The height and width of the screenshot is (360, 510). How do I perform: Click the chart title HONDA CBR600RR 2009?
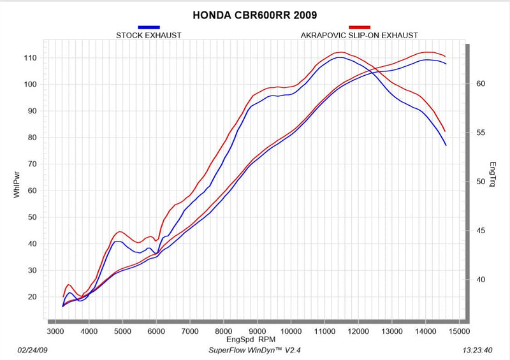254,15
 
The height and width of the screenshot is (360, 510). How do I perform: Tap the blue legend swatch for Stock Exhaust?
149,27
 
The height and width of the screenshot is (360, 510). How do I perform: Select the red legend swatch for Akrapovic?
360,27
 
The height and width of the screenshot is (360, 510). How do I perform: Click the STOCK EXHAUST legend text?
149,36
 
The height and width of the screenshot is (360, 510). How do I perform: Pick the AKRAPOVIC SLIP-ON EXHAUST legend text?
359,36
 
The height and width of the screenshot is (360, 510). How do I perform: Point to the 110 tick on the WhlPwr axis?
30,58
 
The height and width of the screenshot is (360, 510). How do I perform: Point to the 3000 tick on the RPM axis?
55,331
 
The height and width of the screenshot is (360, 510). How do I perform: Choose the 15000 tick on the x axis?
459,331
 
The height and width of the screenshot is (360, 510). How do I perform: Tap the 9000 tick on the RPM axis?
257,331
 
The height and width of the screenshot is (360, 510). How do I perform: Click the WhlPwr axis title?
17,185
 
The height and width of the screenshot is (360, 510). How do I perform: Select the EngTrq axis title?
493,174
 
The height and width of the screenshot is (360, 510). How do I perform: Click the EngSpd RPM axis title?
251,340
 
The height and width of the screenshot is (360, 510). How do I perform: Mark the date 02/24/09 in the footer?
33,350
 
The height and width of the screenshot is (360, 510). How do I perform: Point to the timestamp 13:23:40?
477,350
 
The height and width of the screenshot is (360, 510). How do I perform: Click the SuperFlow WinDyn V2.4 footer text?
254,350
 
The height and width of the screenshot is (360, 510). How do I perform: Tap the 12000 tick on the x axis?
358,331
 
